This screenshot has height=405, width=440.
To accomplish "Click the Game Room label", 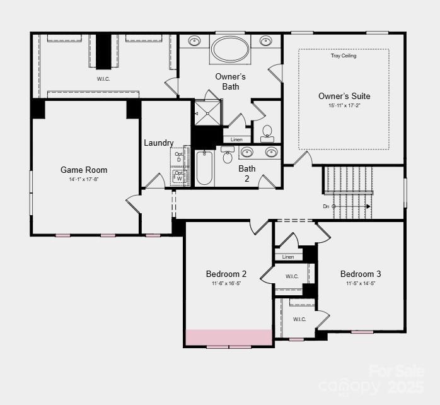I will tap(84, 170).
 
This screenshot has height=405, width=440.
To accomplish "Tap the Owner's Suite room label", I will tap(344, 97).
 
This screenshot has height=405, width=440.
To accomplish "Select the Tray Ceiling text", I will tap(344, 56).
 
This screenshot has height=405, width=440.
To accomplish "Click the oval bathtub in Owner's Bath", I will tap(230, 48).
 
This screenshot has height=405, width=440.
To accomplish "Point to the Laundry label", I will tap(158, 143).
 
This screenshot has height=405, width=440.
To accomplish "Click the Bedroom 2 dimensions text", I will tap(226, 284).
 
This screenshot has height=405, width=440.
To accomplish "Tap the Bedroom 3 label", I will tap(361, 274).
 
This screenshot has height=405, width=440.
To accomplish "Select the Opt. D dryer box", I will tap(178, 156).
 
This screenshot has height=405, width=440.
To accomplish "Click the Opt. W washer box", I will tap(178, 175).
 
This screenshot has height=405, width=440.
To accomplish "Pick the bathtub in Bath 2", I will tap(204, 168).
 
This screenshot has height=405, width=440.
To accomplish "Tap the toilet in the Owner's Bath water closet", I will tap(267, 132).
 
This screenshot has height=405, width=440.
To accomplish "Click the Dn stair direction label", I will tap(326, 206).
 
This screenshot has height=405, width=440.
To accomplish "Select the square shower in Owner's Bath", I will tap(207, 114).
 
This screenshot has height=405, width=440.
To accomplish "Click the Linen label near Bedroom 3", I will tap(288, 257).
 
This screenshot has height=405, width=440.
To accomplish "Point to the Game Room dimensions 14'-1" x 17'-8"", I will tap(84, 180).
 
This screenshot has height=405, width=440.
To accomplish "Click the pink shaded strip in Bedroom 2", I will tap(228, 337).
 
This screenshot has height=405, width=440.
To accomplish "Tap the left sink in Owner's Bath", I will tap(195, 41).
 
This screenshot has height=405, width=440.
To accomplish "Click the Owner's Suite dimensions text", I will tap(344, 106).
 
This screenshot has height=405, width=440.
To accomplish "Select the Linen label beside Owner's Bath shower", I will tap(236, 139).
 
